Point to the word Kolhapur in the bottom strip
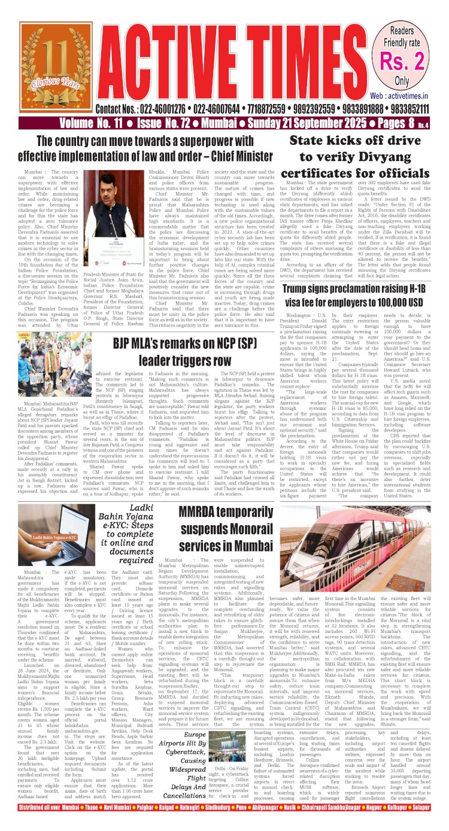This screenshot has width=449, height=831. pyautogui.click(x=404, y=825)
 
